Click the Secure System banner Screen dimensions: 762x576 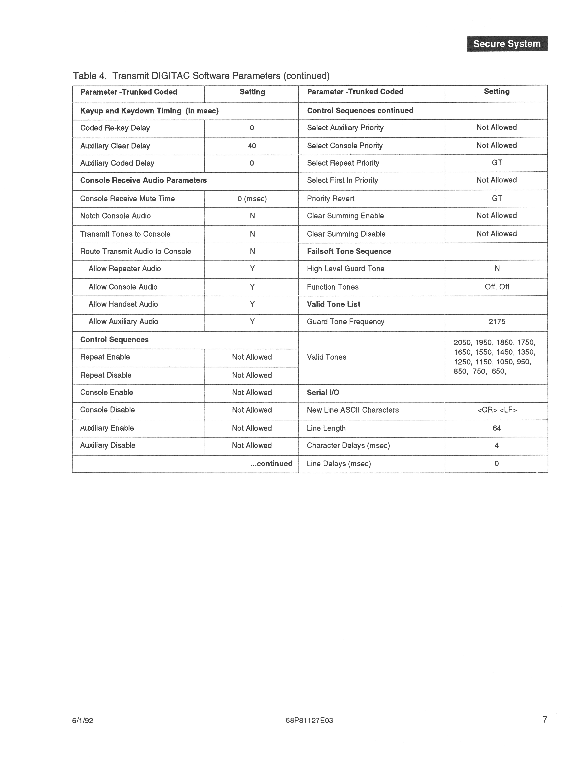(x=507, y=44)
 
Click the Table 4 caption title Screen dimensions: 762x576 (x=201, y=76)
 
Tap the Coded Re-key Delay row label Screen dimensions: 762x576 (x=115, y=128)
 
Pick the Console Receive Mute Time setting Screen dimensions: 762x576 (x=252, y=199)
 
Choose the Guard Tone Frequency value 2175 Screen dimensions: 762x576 (x=496, y=322)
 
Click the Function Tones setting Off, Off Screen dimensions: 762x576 (x=496, y=287)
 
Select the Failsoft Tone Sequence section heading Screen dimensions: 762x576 (x=349, y=251)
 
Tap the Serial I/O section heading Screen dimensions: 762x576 (x=323, y=393)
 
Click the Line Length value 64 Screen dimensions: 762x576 (x=496, y=428)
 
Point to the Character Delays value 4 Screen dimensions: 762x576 (x=496, y=445)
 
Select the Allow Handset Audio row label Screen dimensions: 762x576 (x=123, y=304)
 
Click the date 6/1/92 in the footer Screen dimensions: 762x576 (x=83, y=721)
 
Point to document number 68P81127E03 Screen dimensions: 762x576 (x=309, y=721)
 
